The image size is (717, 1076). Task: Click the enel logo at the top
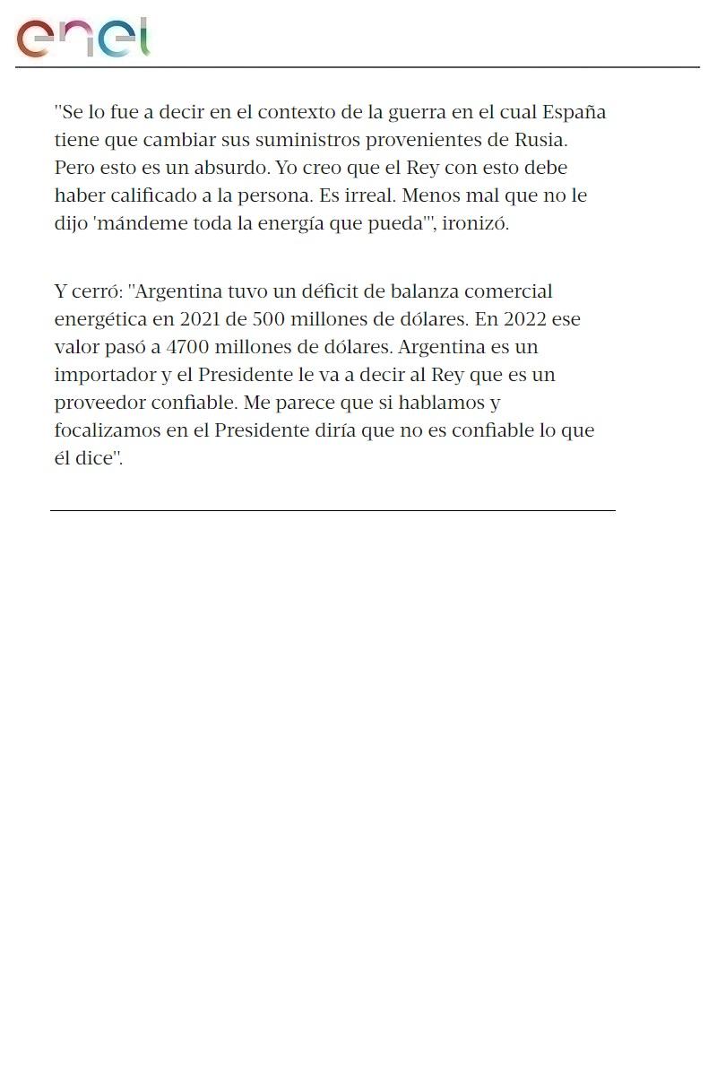coord(82,38)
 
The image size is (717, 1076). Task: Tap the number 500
coord(269,319)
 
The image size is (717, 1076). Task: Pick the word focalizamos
coord(109,430)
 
